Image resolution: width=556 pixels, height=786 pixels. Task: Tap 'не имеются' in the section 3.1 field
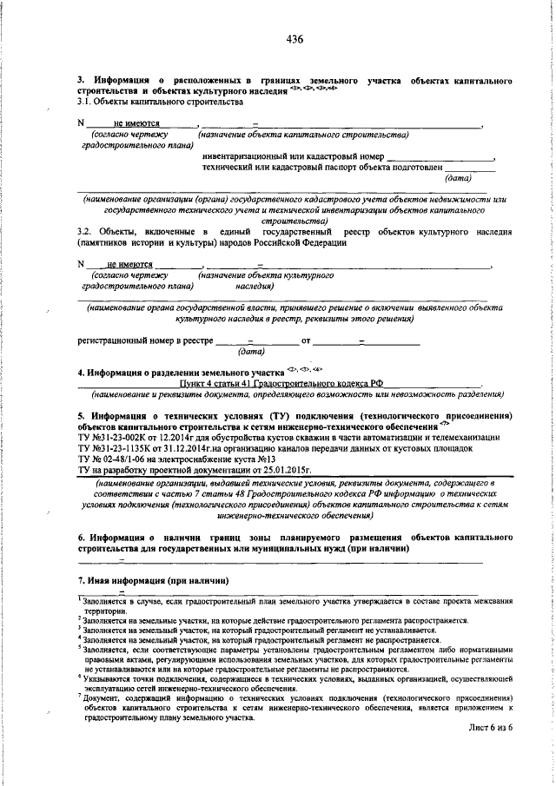tap(134, 124)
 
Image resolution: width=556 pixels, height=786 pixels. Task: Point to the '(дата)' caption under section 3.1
tap(458, 178)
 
